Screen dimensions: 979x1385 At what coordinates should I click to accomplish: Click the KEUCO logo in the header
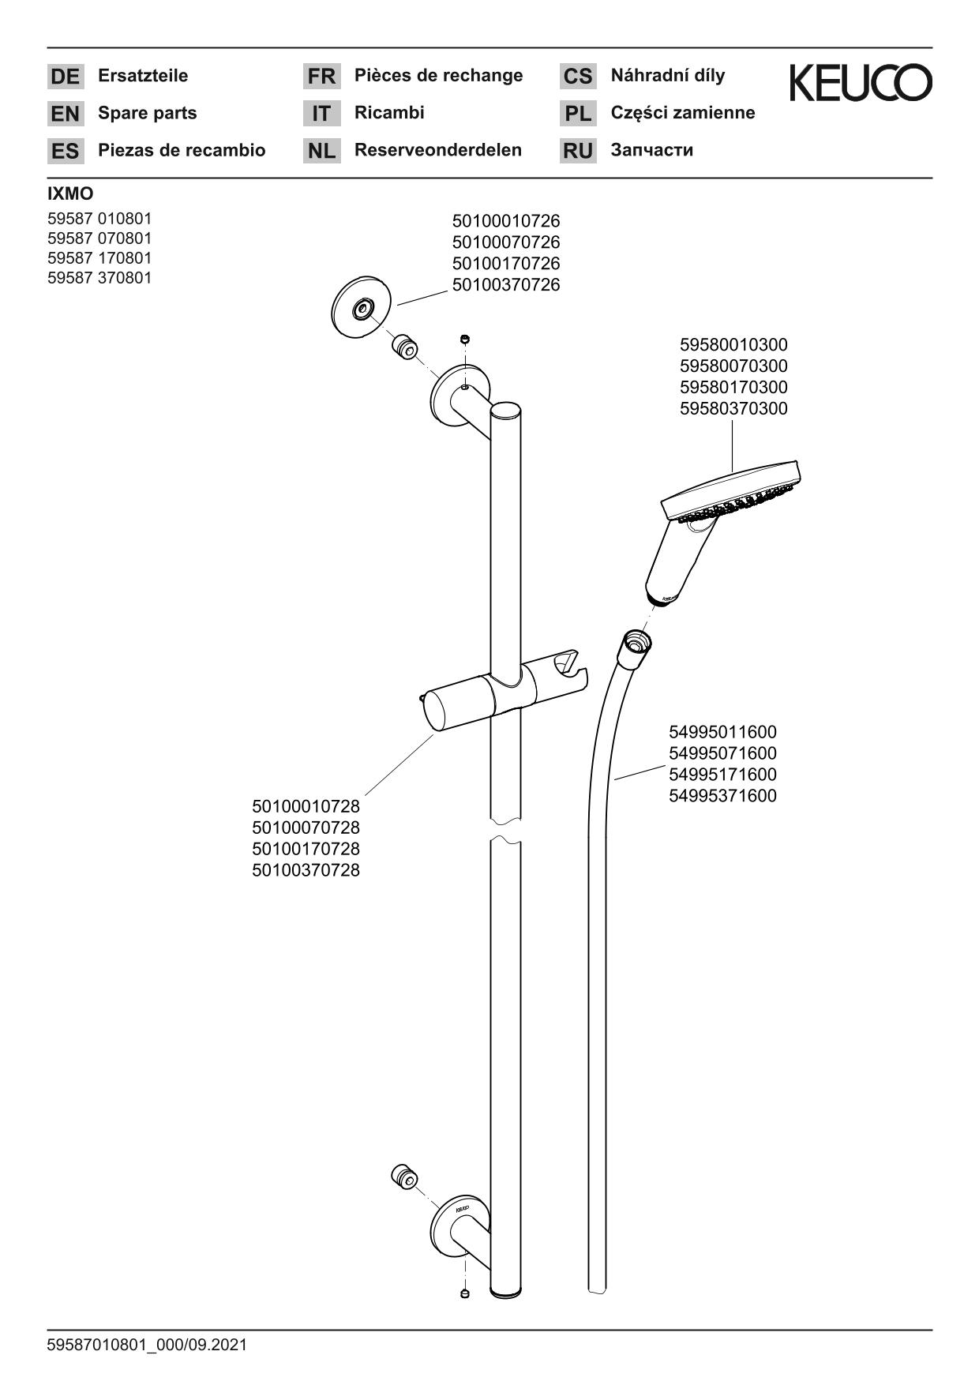(x=861, y=83)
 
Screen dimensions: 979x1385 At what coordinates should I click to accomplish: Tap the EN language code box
(x=65, y=114)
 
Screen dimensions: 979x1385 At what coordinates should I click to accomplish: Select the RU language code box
(x=578, y=150)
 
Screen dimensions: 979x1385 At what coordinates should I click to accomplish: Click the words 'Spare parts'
(x=148, y=113)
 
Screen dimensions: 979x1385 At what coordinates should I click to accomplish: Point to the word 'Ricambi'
(x=389, y=112)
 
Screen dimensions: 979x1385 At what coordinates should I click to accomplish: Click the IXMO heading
(x=70, y=194)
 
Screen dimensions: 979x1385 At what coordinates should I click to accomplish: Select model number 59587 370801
(x=99, y=278)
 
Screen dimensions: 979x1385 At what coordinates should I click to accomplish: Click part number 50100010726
(x=506, y=221)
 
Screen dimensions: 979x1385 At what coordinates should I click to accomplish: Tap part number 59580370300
(x=733, y=409)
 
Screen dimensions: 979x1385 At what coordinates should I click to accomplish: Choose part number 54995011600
(x=722, y=732)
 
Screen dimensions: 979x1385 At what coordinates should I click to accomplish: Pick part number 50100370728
(x=306, y=870)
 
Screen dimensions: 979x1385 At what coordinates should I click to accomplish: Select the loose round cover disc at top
(x=362, y=308)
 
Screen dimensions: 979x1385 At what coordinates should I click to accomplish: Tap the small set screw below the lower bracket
(x=465, y=1293)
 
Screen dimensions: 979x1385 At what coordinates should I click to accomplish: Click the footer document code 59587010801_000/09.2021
(x=147, y=1345)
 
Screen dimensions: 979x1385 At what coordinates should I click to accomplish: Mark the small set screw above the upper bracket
(x=465, y=340)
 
